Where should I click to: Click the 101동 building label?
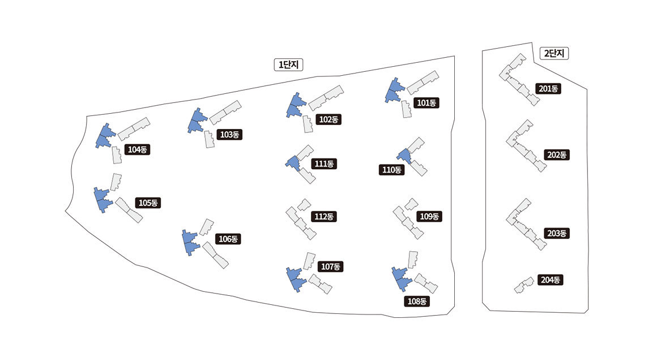click(x=426, y=103)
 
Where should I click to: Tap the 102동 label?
click(x=328, y=119)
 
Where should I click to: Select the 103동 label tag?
click(x=230, y=135)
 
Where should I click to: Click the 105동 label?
click(x=148, y=202)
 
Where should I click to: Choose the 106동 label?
click(x=228, y=239)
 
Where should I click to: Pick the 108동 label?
click(x=417, y=301)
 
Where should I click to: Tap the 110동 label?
click(x=391, y=170)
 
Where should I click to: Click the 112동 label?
click(x=324, y=217)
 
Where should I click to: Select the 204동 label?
click(x=550, y=279)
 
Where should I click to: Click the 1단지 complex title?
click(x=288, y=65)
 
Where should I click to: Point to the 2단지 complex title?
click(x=554, y=54)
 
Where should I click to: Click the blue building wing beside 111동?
click(x=292, y=163)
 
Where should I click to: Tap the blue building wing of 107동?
click(x=295, y=278)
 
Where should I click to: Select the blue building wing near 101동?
click(x=393, y=90)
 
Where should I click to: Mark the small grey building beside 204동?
click(x=524, y=285)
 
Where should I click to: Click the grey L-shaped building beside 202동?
click(x=524, y=145)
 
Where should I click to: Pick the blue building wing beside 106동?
click(x=190, y=242)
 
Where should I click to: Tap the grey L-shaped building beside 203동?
click(x=524, y=224)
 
